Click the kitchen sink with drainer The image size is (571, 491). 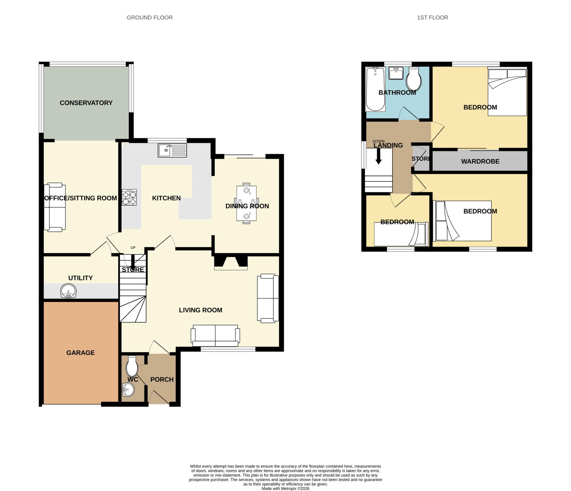[x=172, y=150]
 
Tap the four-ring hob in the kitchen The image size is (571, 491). [x=129, y=197]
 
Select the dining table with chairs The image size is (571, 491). [x=246, y=204]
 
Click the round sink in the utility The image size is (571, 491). [x=68, y=291]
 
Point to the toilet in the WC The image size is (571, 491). [x=132, y=366]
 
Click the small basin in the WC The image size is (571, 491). [x=128, y=389]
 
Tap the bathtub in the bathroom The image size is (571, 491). [x=375, y=89]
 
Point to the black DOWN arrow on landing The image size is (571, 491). [x=378, y=156]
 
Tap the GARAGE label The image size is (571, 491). [x=81, y=353]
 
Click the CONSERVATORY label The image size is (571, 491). [x=86, y=103]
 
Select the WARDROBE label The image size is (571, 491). [x=480, y=161]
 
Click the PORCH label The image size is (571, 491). [x=162, y=379]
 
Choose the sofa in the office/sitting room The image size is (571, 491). [x=55, y=207]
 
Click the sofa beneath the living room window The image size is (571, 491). [x=215, y=335]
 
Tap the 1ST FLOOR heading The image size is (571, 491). [x=432, y=18]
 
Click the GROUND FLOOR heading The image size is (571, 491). [x=150, y=18]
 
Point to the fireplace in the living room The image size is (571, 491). [x=231, y=263]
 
